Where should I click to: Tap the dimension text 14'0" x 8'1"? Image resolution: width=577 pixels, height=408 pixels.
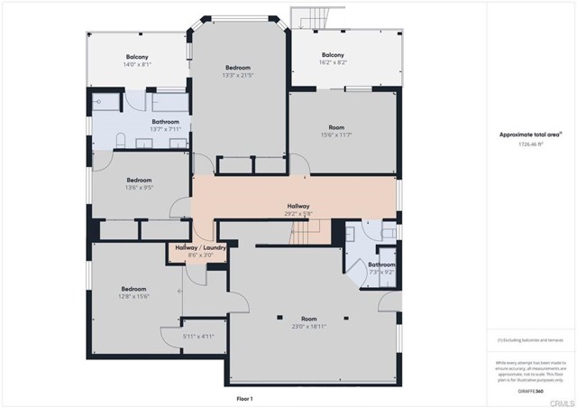(137, 64)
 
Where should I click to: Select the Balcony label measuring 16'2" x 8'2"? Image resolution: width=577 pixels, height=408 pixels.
(334, 64)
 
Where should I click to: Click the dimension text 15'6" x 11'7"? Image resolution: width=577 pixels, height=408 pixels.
(335, 134)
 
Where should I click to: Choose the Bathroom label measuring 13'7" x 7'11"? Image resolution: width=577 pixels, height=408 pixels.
(165, 122)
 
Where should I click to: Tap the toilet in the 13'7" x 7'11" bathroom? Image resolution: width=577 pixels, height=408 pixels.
(106, 102)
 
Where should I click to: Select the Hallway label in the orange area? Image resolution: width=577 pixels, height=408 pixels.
(298, 206)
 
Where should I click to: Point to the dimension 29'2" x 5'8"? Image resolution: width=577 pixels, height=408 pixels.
(298, 214)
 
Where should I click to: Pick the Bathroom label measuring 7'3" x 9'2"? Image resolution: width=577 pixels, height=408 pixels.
(381, 264)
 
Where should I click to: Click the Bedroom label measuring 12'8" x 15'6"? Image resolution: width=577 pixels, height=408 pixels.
(133, 289)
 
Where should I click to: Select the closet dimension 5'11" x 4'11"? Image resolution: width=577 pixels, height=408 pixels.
(197, 337)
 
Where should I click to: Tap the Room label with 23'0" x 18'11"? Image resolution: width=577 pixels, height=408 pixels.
(309, 319)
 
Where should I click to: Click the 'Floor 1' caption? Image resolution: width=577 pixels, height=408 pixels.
(244, 398)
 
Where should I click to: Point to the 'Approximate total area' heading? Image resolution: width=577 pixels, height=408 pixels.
(531, 134)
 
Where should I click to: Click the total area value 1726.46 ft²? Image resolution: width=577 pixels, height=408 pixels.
(531, 144)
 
